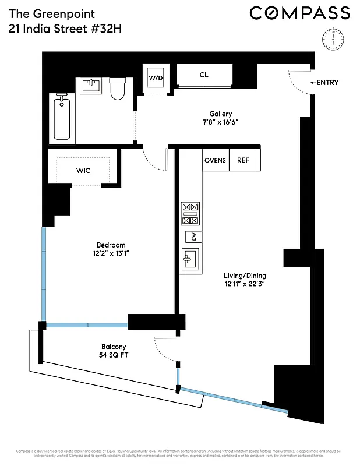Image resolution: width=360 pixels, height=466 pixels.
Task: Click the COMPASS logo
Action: click(300, 13)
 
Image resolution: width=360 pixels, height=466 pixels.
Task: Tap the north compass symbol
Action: click(331, 38)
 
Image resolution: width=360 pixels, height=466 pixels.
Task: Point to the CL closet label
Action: click(203, 75)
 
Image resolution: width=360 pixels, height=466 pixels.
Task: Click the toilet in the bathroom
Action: click(118, 89)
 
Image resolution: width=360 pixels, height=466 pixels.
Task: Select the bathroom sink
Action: click(92, 86)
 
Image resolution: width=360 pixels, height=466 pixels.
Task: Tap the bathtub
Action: click(61, 118)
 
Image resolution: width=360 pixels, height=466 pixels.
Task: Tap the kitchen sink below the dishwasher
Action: click(190, 258)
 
